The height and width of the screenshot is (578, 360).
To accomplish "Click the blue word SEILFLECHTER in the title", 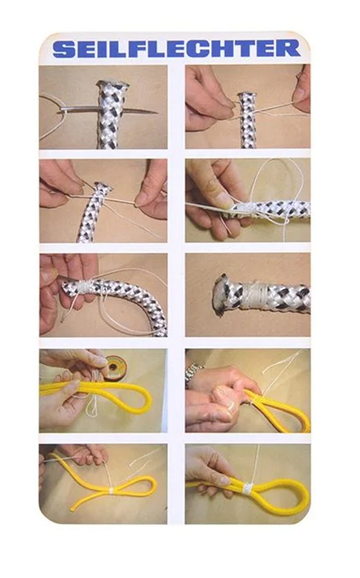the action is pyautogui.click(x=176, y=48).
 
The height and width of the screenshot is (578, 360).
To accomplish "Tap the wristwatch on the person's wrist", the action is pyautogui.click(x=193, y=371).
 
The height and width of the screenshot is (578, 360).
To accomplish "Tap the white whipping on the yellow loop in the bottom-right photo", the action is pyautogui.click(x=248, y=487).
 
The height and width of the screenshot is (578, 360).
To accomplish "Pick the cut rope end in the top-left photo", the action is pyautogui.click(x=112, y=85).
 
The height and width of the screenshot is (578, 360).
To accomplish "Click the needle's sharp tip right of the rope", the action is pyautogui.click(x=157, y=113).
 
